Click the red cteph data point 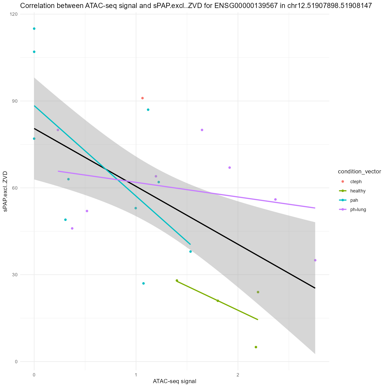(x=142, y=98)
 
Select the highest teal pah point (x=34, y=29)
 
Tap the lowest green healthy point (x=256, y=347)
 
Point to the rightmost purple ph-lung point (x=315, y=260)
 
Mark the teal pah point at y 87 (x=148, y=110)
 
